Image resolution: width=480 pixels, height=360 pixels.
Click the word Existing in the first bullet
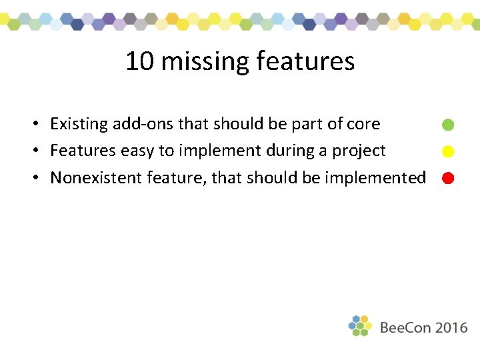(79, 124)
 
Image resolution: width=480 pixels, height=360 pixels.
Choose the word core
(363, 124)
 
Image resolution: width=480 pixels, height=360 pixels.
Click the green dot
(448, 125)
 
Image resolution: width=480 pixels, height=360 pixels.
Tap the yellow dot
(448, 151)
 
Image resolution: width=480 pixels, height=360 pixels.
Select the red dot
(448, 178)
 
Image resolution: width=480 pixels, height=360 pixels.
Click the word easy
(137, 151)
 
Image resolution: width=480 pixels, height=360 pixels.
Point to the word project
(359, 151)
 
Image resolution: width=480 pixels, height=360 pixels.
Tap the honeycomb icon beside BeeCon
(360, 326)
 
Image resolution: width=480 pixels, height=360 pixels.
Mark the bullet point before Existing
(40, 125)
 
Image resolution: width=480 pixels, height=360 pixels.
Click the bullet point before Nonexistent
(40, 178)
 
